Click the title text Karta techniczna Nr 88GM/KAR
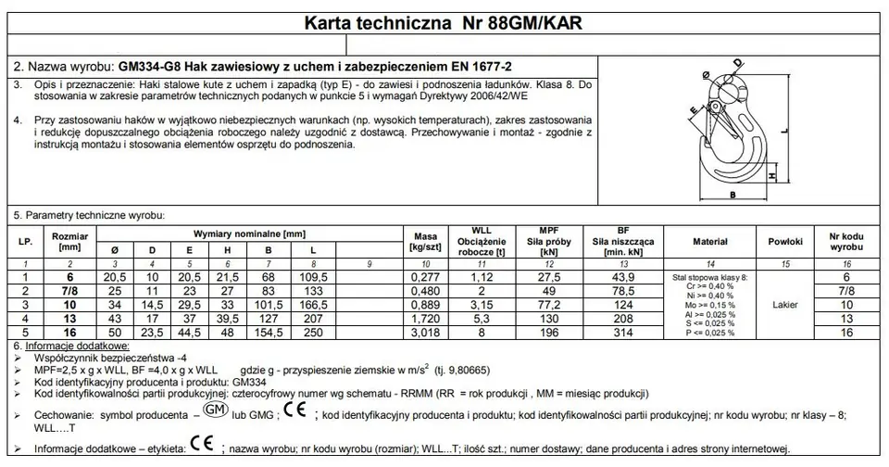[444, 22]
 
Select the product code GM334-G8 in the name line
[149, 67]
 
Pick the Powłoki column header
[779, 241]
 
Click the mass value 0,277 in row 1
[426, 277]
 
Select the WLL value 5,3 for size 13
[480, 318]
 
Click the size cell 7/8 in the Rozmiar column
[69, 291]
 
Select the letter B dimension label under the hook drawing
[731, 196]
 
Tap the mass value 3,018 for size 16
[426, 331]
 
